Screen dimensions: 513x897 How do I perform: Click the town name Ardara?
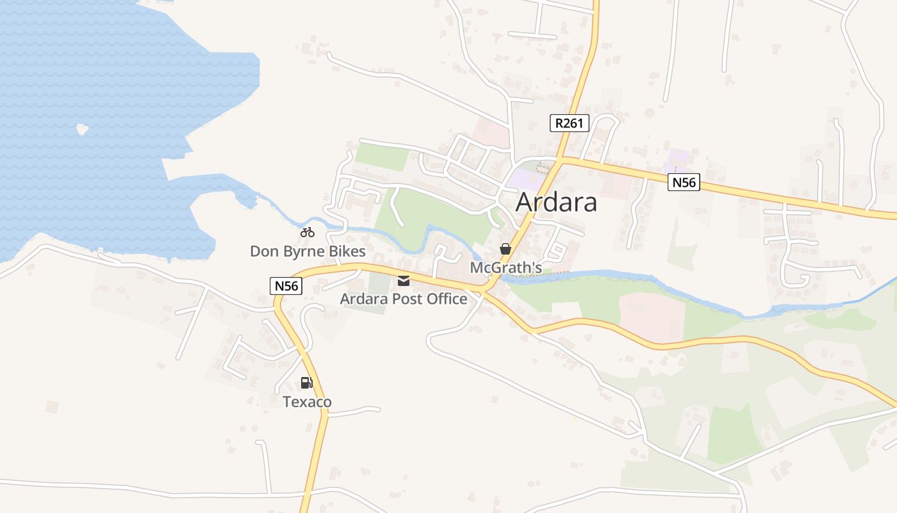(x=556, y=202)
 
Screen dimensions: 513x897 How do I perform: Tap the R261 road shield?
(x=569, y=123)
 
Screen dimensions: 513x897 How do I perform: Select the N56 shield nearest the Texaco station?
(x=286, y=286)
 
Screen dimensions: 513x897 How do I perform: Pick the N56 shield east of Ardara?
(x=683, y=183)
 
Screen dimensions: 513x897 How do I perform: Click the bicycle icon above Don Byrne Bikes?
(x=308, y=232)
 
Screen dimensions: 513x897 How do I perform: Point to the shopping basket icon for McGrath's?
(x=506, y=249)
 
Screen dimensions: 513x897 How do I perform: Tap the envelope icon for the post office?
(x=404, y=281)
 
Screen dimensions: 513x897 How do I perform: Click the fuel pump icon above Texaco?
(x=307, y=383)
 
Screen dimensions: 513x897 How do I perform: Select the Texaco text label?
(x=308, y=402)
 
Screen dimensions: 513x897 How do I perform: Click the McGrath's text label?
(x=506, y=267)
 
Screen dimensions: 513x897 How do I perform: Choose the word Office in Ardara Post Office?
(x=444, y=299)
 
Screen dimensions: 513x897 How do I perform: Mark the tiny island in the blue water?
(x=82, y=130)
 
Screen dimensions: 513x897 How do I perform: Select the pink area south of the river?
(x=650, y=316)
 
